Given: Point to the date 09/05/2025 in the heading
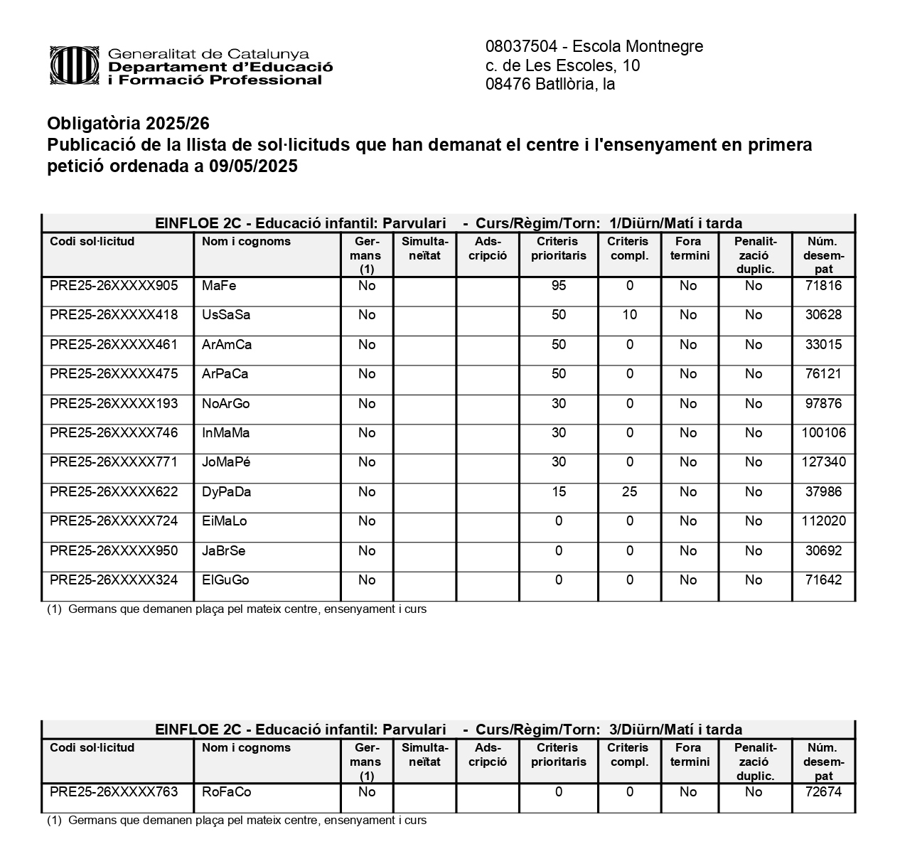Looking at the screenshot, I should click(253, 167).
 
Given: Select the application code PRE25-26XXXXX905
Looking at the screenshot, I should click(114, 286).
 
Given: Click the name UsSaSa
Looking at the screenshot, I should click(226, 315).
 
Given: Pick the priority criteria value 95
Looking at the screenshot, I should click(559, 286).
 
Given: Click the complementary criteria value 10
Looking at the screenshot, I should click(629, 315).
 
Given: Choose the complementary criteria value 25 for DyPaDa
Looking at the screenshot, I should click(629, 492).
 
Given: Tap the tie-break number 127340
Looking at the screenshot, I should click(823, 462).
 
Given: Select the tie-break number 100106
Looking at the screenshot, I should click(823, 433).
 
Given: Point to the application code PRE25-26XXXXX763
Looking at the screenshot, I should click(114, 792).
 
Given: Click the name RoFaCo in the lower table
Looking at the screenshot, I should click(227, 792).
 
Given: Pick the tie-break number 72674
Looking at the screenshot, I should click(823, 792).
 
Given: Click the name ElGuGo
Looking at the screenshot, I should click(225, 580).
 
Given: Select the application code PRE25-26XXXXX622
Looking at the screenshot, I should click(114, 492).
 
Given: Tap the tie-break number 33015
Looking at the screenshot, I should click(823, 345).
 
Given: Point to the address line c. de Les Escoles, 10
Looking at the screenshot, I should click(562, 66).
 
